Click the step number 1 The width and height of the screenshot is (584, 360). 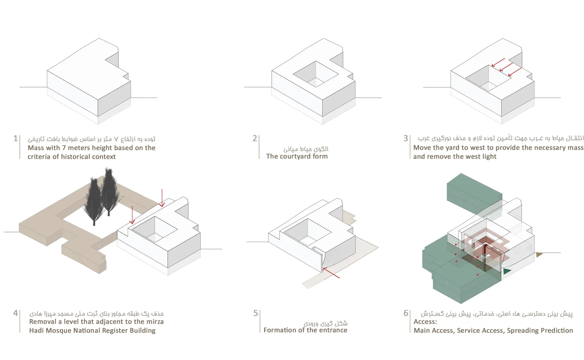tap(15, 138)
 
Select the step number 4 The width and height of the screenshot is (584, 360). tap(16, 313)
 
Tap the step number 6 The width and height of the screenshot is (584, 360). tap(406, 313)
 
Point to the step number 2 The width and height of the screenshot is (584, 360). tap(255, 138)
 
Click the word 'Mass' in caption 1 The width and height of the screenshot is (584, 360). tap(35, 148)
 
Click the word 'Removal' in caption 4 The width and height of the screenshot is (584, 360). tap(42, 322)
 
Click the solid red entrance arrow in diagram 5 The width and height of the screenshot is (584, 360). tap(331, 273)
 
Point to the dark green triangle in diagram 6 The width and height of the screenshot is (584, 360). tap(507, 271)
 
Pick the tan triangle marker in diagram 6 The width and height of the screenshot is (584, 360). tap(539, 254)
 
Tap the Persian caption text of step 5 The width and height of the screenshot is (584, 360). tap(326, 323)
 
